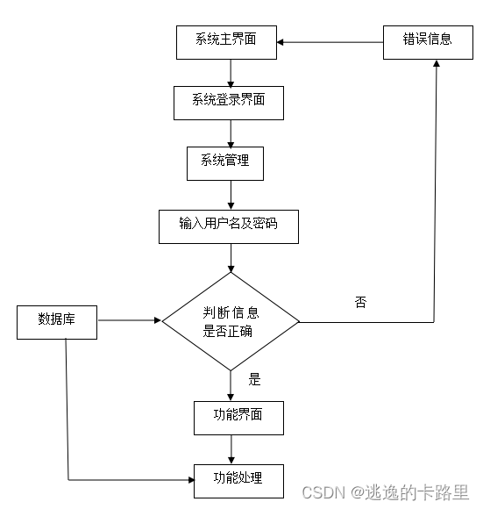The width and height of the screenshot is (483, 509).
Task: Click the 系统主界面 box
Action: point(226,41)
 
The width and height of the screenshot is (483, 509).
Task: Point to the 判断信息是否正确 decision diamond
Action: point(230,322)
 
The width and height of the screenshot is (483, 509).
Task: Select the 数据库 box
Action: point(56,320)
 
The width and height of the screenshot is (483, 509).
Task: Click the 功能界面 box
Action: point(238,416)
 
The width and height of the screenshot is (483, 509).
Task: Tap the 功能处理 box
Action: point(238,479)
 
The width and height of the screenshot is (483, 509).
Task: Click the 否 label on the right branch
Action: point(360,303)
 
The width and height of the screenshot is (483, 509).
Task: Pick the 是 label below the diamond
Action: point(255,380)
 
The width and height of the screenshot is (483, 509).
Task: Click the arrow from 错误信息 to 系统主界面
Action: point(330,41)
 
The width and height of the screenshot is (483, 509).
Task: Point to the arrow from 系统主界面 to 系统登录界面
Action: point(230,72)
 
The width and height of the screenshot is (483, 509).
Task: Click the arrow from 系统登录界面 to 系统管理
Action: point(230,133)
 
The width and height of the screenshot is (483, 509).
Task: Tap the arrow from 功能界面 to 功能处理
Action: point(231,448)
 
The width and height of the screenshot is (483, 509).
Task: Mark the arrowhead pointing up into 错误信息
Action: point(435,66)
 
